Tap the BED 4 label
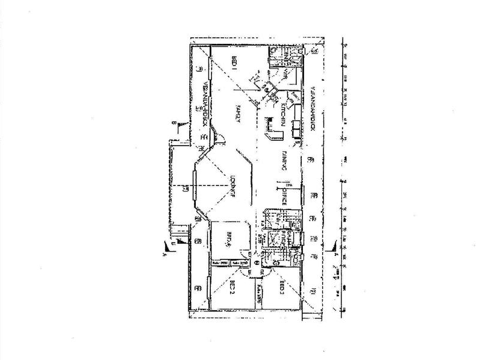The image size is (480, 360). pyautogui.click(x=230, y=239)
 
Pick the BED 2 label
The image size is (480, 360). pyautogui.click(x=231, y=288)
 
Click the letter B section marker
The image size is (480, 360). pyautogui.click(x=173, y=123)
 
